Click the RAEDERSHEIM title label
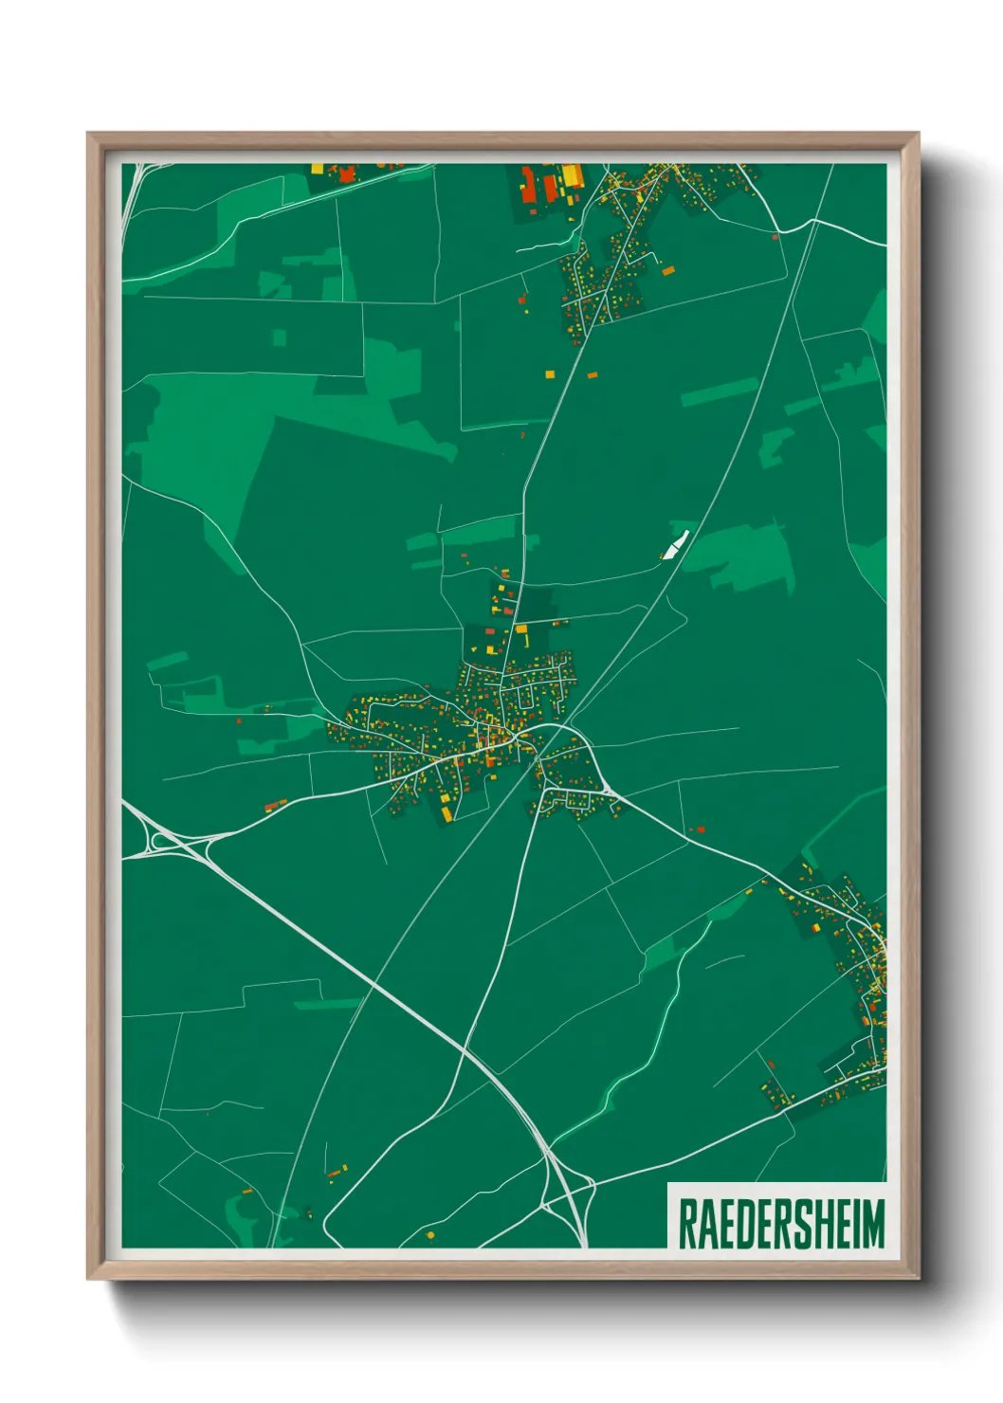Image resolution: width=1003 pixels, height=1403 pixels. point(780,1223)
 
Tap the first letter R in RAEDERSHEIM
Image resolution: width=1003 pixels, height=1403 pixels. point(688,1224)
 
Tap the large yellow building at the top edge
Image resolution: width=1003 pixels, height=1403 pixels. point(573,176)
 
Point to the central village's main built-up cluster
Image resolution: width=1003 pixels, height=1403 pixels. point(474,725)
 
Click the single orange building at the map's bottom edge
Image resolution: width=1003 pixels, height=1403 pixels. point(429,1235)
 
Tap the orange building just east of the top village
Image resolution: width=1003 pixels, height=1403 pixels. point(668,271)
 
